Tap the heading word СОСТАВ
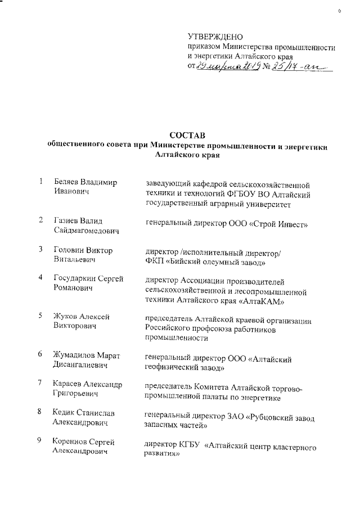click(188, 136)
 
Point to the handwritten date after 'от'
click(228, 67)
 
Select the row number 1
click(41, 182)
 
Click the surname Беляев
click(66, 182)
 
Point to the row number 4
click(41, 278)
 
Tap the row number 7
click(41, 383)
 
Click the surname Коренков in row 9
click(72, 441)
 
